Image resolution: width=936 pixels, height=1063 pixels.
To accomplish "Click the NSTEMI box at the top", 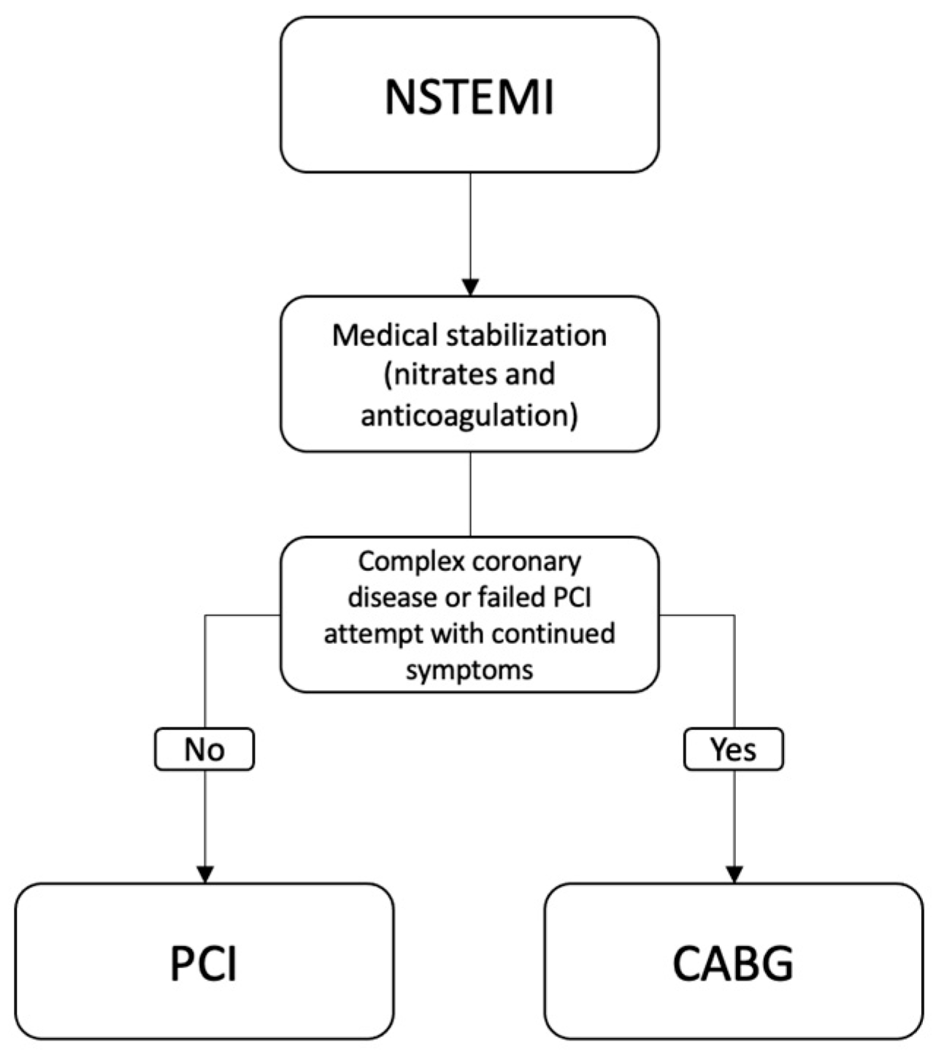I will (x=469, y=96).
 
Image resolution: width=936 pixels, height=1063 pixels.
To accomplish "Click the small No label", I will (x=204, y=749).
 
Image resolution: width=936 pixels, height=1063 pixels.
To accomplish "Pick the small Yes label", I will (x=733, y=749).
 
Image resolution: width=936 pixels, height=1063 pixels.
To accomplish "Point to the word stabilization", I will (x=526, y=335).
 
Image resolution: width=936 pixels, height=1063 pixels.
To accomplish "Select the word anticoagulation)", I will (x=469, y=415).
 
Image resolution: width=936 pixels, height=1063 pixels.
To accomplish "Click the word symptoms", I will (x=469, y=669).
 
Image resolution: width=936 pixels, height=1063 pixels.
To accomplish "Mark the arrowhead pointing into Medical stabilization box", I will (x=470, y=287).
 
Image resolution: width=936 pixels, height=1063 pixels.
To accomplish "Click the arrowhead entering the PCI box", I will (x=205, y=874).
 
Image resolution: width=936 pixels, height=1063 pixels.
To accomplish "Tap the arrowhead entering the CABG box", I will (x=734, y=874).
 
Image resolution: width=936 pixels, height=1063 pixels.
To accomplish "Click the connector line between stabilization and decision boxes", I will (x=470, y=494).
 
